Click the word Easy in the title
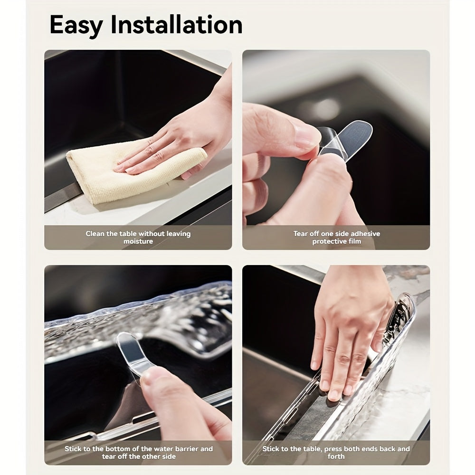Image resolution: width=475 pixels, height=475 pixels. (x=76, y=25)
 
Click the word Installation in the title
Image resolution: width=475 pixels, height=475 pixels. (x=176, y=25)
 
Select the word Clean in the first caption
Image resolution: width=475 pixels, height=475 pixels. (x=95, y=234)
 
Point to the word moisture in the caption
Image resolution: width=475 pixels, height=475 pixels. (x=138, y=241)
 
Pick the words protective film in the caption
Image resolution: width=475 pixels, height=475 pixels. (x=336, y=241)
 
